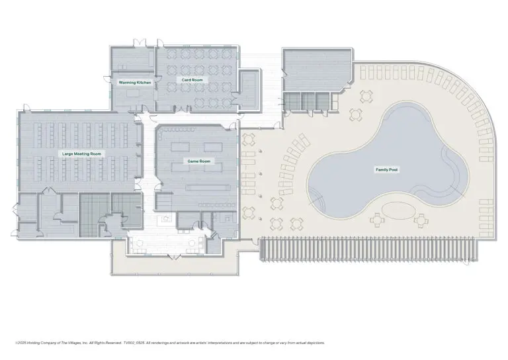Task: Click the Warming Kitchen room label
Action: (134, 83)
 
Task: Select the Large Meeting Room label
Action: (82, 154)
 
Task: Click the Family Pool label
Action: (387, 170)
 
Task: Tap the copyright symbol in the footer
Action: (16, 343)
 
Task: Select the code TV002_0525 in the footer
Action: (136, 343)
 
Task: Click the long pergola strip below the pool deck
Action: (369, 248)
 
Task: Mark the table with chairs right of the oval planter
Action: (421, 219)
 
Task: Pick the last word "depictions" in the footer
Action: (313, 343)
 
